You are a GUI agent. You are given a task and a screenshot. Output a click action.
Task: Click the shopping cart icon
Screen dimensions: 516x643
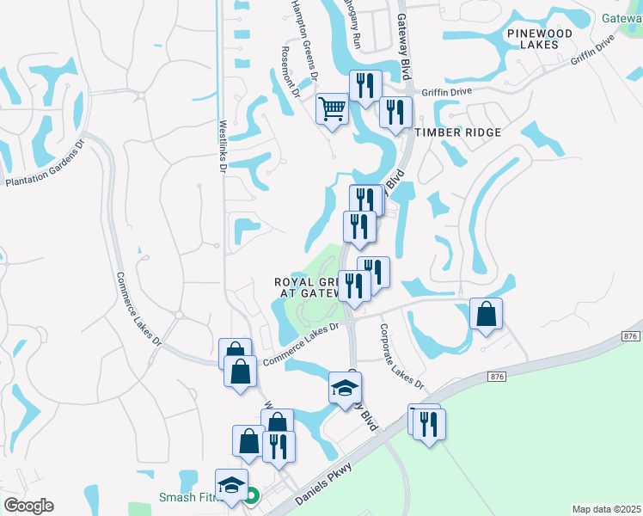coord(332,109)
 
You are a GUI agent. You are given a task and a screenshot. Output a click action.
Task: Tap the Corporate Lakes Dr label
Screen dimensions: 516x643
coord(401,354)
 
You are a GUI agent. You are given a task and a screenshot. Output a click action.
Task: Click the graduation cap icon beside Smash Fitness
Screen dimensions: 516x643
coord(232,486)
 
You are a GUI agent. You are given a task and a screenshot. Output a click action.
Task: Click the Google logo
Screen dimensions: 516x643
coord(29,506)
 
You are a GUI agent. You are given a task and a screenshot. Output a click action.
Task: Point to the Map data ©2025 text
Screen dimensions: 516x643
coord(605,509)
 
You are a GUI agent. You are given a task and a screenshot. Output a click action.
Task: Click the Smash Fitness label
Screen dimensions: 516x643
coord(189,497)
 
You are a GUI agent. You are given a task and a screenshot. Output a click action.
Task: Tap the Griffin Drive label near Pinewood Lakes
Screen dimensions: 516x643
coord(593,56)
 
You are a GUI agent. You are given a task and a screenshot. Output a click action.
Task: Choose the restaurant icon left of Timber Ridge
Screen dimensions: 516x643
coord(395,112)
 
